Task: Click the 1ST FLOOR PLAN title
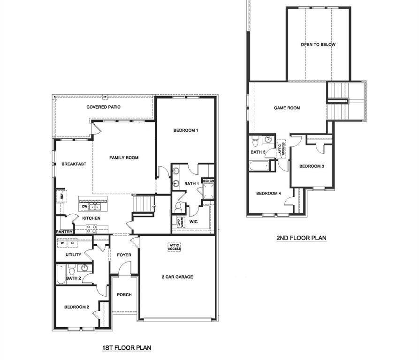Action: [126, 348]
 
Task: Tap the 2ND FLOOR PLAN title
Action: [301, 238]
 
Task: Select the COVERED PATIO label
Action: [103, 107]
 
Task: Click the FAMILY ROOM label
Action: [124, 157]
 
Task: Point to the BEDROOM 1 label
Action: [185, 130]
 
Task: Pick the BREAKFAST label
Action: [74, 164]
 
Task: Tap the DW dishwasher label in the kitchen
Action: [84, 206]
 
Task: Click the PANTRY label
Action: [64, 232]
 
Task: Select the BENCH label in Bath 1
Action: [208, 181]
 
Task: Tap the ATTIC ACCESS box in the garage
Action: [174, 247]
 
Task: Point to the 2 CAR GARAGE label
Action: [177, 277]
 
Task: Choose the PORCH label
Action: [124, 295]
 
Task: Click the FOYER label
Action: [124, 255]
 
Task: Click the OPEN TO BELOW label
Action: [318, 45]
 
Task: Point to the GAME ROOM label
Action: [287, 108]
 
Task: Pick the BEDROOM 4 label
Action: [268, 194]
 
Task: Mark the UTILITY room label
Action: [73, 255]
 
